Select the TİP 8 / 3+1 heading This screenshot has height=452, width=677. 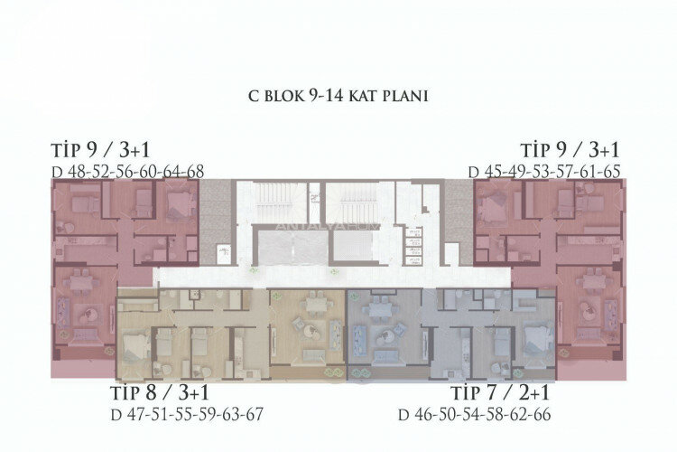coord(160,395)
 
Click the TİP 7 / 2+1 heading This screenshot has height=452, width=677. coord(500,395)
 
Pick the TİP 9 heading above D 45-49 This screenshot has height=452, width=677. coord(570,150)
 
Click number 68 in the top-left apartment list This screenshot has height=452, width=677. coord(195,171)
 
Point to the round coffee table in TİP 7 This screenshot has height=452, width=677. coord(391,335)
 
